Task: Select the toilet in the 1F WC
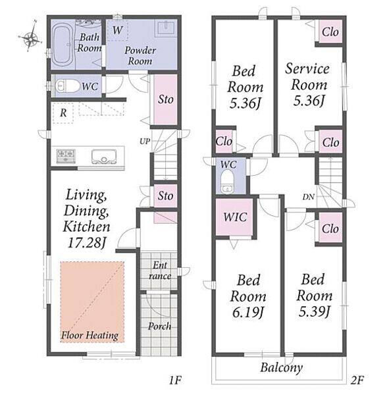coord(64,86)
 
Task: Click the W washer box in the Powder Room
coord(117,30)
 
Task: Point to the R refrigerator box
coord(63,113)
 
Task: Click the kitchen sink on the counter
coord(104,157)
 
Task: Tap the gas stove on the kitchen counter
coord(66,156)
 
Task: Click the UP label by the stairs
coord(145,142)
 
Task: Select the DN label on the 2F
coord(309,197)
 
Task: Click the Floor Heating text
coord(90,336)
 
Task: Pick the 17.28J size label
coord(86,243)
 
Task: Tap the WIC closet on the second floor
coord(235,217)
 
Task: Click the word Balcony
coord(282,368)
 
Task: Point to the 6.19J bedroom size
coord(248,313)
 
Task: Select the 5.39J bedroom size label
coord(315,312)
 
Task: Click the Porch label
coord(159,327)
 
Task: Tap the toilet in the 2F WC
coord(227,182)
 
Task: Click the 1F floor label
coord(175,381)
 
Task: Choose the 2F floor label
coord(357,380)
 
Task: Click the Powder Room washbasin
coord(166,28)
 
